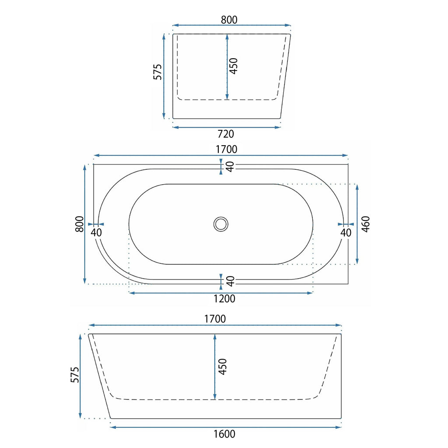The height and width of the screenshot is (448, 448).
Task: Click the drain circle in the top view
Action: (x=221, y=224)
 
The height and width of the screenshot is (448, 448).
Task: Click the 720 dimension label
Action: (x=226, y=134)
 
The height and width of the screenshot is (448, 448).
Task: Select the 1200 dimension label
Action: (x=224, y=298)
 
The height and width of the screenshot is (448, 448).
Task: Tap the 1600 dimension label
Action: (x=224, y=434)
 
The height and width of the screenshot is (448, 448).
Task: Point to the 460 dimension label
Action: (x=366, y=224)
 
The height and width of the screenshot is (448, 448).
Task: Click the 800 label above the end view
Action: (x=229, y=20)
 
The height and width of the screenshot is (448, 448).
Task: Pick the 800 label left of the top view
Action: (x=80, y=224)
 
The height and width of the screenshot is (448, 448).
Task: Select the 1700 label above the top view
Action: (x=226, y=149)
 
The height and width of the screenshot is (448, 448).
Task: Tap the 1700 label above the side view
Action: (x=215, y=319)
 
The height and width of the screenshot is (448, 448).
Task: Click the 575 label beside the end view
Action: (x=157, y=72)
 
